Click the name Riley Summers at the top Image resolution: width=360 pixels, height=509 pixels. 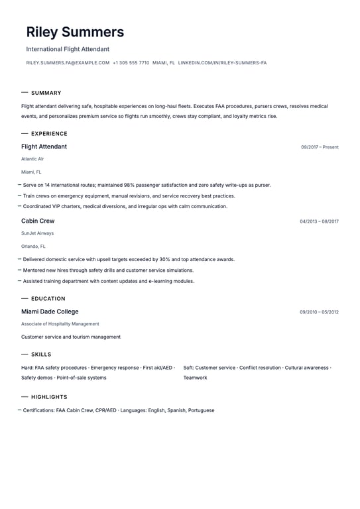click(x=75, y=32)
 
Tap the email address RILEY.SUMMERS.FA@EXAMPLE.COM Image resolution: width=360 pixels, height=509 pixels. click(x=68, y=63)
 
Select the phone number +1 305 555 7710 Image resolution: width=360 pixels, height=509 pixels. click(x=131, y=63)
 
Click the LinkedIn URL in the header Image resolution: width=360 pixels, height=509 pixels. click(x=222, y=63)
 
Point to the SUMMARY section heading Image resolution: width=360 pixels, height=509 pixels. click(x=46, y=93)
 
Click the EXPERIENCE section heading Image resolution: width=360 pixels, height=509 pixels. click(x=49, y=134)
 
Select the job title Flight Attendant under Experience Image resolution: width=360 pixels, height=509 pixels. click(x=44, y=146)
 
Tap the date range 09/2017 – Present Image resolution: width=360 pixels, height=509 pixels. click(x=320, y=147)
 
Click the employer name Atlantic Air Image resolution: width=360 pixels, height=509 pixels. click(x=32, y=159)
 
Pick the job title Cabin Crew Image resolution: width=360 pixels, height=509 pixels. click(x=38, y=221)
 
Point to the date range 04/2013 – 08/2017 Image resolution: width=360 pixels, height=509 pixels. click(x=319, y=221)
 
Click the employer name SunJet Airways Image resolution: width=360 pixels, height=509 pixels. click(x=37, y=233)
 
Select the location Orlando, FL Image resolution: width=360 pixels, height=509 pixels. click(x=33, y=246)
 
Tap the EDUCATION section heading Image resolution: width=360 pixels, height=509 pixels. click(x=48, y=299)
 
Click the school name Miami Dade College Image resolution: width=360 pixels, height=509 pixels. click(x=50, y=311)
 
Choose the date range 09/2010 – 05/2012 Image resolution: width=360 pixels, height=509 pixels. click(x=319, y=312)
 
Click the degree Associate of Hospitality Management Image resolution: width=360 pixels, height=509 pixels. click(x=60, y=324)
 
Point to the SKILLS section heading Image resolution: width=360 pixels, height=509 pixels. click(x=41, y=355)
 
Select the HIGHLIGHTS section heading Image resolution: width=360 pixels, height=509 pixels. click(x=49, y=397)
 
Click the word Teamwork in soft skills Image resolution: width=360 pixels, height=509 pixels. click(x=195, y=378)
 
